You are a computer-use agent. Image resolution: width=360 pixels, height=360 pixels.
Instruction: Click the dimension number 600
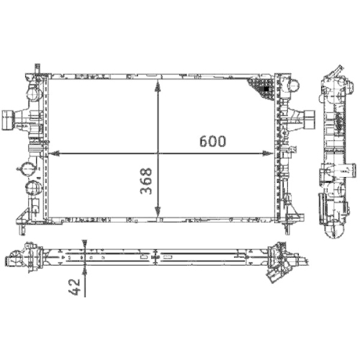point(213,142)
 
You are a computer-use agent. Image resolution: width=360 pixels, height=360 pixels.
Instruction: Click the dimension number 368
point(145,183)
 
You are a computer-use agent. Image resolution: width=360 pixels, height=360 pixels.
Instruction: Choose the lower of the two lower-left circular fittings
point(33,189)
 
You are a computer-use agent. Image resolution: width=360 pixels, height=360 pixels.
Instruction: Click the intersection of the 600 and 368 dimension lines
point(158,153)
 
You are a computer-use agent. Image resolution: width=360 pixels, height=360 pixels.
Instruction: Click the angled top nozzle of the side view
point(334,73)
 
